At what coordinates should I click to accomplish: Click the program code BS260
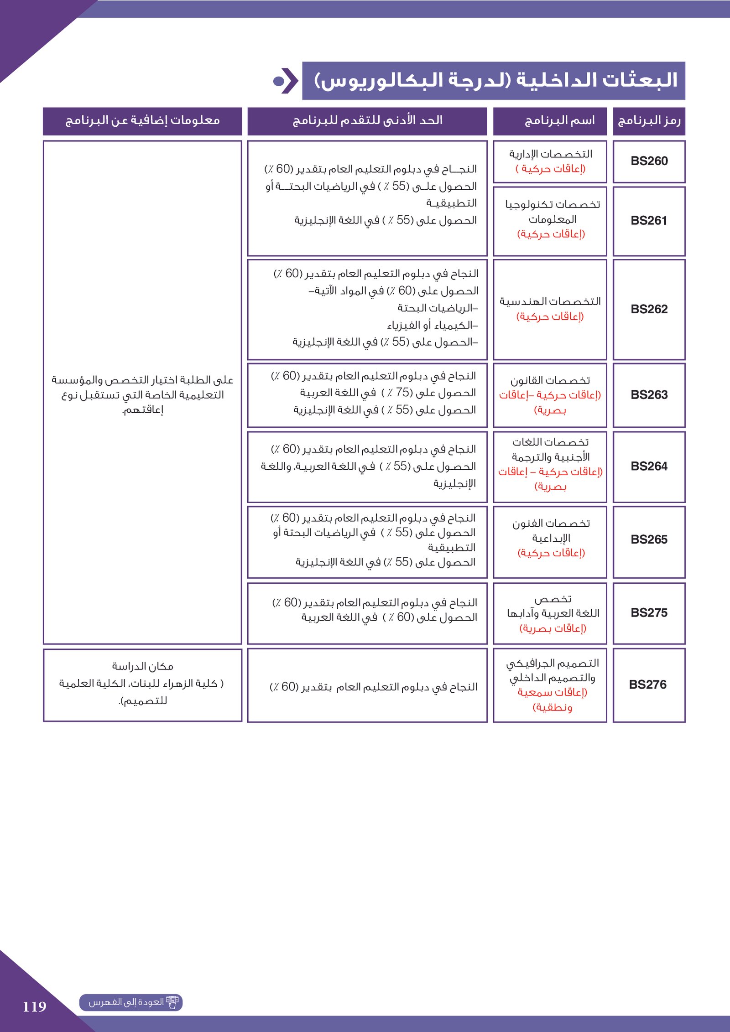(649, 161)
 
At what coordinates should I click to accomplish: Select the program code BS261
(649, 221)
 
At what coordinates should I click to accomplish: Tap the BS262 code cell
(649, 309)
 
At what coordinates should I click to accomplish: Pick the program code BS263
(649, 395)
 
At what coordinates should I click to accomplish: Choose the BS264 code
(649, 467)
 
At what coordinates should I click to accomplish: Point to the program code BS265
(649, 539)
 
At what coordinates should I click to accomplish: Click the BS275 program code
(649, 612)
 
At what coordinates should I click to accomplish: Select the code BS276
(647, 685)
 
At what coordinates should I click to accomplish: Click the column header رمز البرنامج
(649, 121)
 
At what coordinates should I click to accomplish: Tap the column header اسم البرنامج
(559, 121)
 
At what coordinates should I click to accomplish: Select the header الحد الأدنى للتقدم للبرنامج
(367, 121)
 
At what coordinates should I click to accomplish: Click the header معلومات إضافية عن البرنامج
(142, 121)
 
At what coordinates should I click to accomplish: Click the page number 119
(35, 1006)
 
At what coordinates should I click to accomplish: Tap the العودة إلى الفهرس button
(131, 1002)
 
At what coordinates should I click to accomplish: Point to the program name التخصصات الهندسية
(550, 301)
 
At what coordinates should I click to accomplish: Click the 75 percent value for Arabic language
(403, 393)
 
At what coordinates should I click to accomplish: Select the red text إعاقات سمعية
(552, 692)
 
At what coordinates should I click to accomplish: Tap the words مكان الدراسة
(142, 667)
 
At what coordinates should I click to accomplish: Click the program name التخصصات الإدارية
(550, 154)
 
